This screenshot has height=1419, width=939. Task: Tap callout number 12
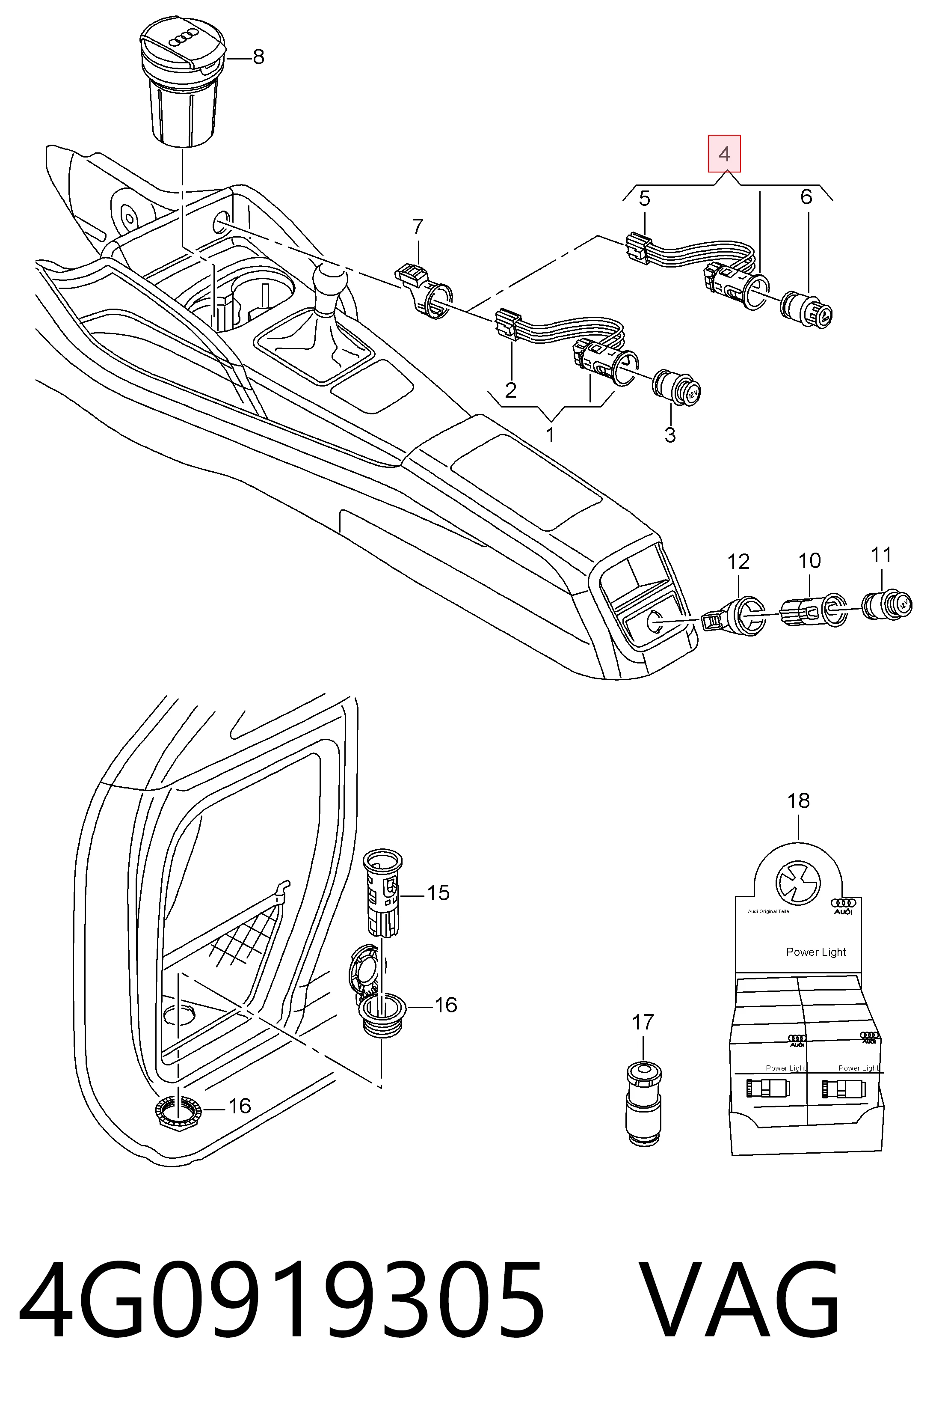pos(738,562)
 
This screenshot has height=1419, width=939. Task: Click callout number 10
pos(810,561)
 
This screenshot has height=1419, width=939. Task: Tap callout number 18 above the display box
pos(799,800)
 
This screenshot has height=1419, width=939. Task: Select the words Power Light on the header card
pos(816,952)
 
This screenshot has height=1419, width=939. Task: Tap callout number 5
pos(644,198)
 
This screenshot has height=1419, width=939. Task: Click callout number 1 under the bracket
pos(550,434)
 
